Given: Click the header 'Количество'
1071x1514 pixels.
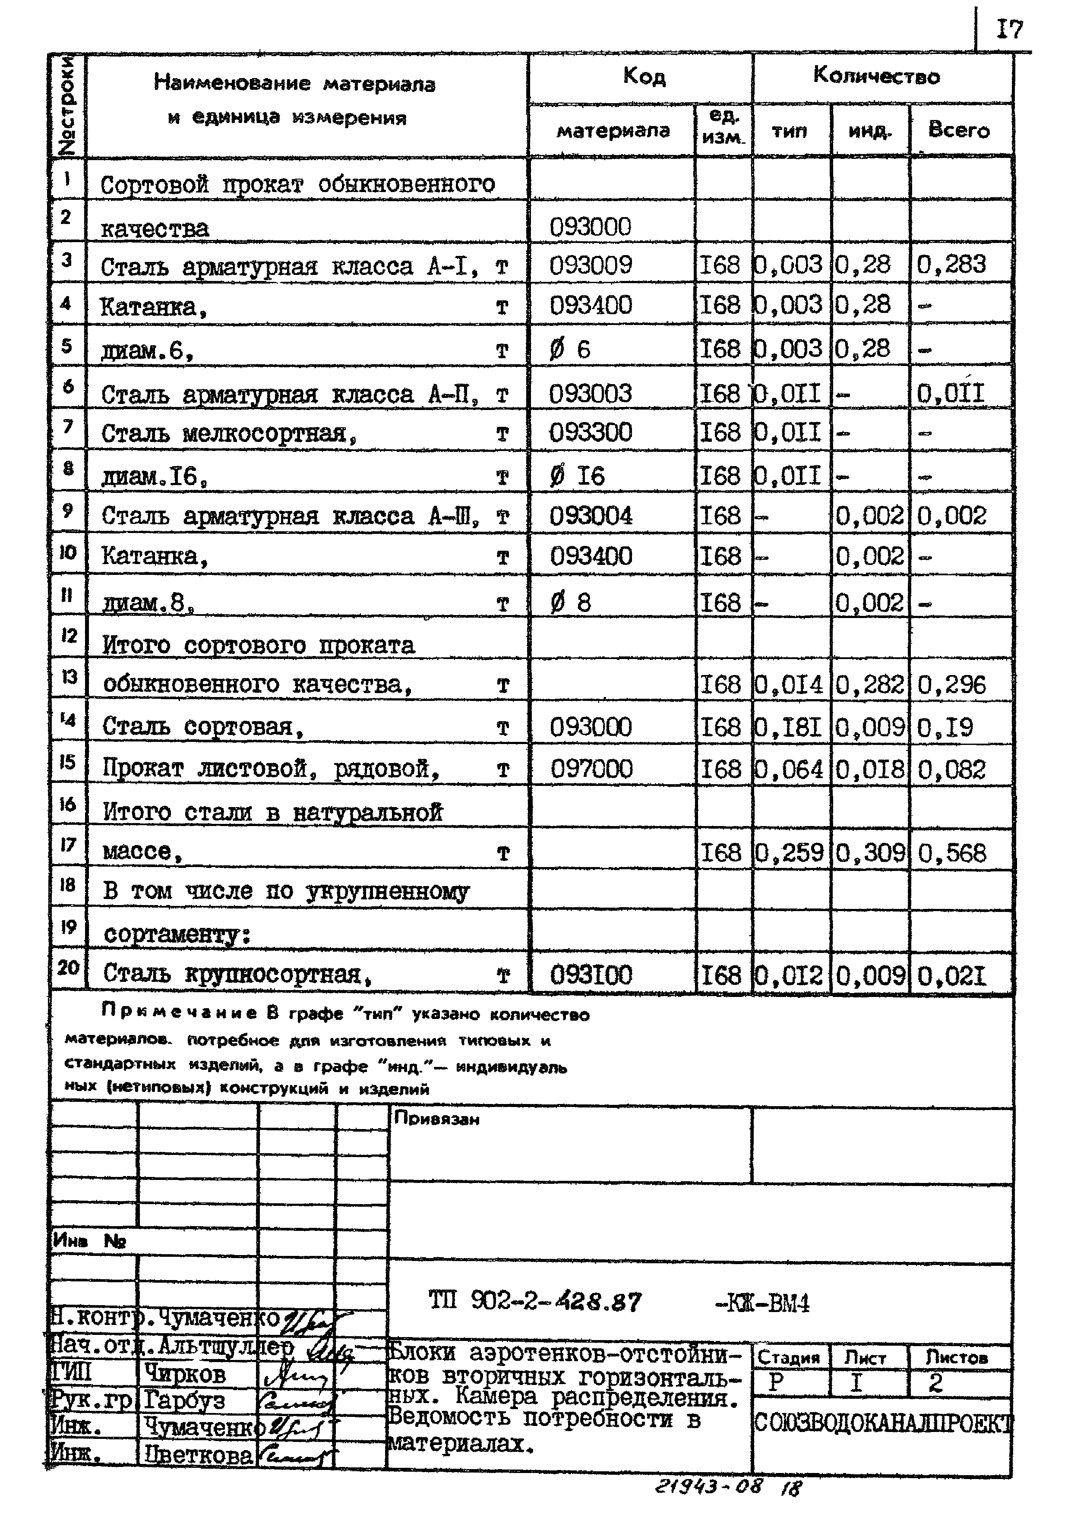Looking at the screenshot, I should tap(876, 76).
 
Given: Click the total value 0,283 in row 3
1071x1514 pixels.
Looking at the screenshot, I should tap(951, 265).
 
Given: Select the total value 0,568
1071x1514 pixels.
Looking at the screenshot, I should tap(951, 853).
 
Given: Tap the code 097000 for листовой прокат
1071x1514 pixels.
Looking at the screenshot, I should tap(591, 769).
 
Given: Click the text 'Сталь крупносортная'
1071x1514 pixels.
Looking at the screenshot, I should tap(232, 973).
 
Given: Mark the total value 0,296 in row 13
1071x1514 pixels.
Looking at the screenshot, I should tap(951, 685).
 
